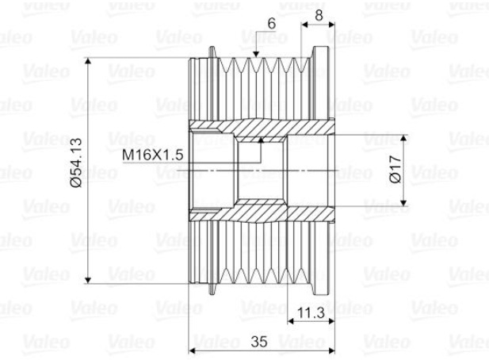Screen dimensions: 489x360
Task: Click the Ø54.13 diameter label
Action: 76,163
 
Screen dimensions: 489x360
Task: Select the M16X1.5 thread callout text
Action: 152,155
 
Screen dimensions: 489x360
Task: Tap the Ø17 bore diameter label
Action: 395,170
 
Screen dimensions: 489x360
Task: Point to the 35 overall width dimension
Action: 259,342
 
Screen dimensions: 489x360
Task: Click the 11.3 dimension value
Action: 311,312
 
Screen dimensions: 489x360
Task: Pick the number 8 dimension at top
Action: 319,15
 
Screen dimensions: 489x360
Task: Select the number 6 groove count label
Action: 272,24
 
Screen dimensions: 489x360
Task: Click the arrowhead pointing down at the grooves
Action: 256,54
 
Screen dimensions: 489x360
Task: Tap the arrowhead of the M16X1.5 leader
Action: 261,140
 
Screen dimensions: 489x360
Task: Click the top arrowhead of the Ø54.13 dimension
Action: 88,61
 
